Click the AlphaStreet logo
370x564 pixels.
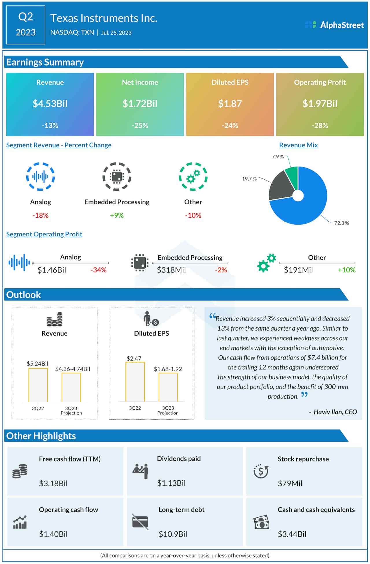tap(334, 25)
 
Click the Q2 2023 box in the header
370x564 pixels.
tap(25, 25)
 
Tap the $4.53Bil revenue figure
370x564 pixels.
tap(50, 104)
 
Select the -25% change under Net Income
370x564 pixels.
tap(140, 126)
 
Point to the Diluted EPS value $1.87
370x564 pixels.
tap(230, 104)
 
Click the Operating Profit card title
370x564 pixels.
tap(320, 82)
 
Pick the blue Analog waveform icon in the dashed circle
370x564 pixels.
tap(40, 176)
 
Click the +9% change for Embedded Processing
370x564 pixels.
tap(117, 215)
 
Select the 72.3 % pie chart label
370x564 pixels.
tap(341, 223)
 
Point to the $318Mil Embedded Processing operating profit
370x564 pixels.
tap(171, 270)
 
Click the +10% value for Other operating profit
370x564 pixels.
tap(346, 270)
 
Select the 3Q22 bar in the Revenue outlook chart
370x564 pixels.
tap(38, 385)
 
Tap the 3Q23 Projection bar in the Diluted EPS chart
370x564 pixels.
tap(168, 387)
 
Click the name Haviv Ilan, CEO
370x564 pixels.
tap(335, 412)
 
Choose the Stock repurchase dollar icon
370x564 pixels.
tap(261, 471)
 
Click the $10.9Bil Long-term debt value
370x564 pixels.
tap(173, 534)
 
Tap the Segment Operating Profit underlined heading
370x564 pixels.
tap(44, 234)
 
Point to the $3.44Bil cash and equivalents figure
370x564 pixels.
tap(292, 534)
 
